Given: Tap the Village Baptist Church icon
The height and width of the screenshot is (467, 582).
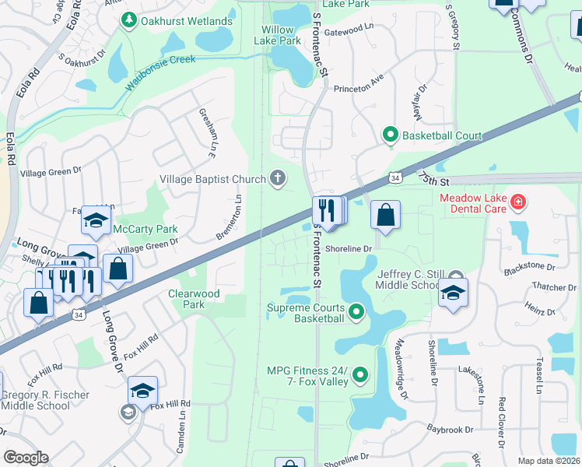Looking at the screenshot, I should tap(276, 179).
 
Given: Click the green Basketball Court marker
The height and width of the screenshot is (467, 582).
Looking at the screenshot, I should tap(391, 135).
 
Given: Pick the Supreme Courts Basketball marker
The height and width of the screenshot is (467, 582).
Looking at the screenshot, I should tap(356, 312).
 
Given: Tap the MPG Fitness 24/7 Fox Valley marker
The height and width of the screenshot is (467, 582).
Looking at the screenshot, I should tap(359, 376).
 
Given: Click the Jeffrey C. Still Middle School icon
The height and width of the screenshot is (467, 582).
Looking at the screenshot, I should tap(453, 293).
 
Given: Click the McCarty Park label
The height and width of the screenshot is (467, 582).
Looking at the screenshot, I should tap(145, 230).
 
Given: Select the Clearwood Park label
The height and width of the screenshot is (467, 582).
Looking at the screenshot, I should tap(195, 299).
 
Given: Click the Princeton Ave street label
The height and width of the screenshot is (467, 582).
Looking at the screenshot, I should tap(359, 89).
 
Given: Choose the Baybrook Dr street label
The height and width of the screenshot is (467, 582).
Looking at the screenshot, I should tap(450, 430).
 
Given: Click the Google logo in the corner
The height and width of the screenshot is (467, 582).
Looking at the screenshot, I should tap(25, 458).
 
